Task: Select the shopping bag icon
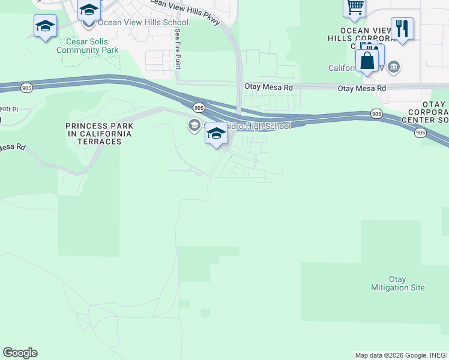[366, 61]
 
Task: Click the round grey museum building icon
[394, 66]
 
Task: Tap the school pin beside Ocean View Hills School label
[89, 11]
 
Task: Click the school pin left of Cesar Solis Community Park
[45, 26]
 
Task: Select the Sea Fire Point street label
[178, 50]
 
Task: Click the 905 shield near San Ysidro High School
[199, 107]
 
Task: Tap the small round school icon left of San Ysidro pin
[194, 125]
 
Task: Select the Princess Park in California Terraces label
[100, 133]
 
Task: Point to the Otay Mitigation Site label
[398, 283]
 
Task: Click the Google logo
[20, 352]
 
